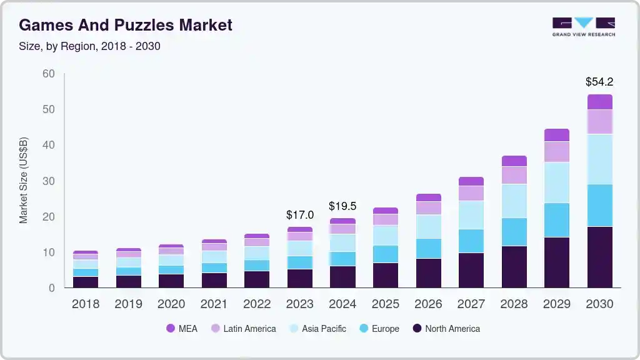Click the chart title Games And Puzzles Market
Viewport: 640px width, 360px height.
(x=126, y=25)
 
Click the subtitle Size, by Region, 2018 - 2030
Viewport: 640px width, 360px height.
(x=90, y=46)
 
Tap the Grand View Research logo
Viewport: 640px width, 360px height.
(x=583, y=26)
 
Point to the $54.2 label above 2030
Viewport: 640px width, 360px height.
(x=599, y=82)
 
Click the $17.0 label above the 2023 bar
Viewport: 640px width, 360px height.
(x=300, y=215)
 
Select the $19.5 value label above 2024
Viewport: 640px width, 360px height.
(x=342, y=206)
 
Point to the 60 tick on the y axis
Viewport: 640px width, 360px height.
(x=49, y=74)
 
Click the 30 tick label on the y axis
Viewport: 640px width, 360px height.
(x=49, y=181)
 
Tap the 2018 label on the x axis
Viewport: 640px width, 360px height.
(x=85, y=304)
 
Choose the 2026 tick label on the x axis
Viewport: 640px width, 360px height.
(x=428, y=304)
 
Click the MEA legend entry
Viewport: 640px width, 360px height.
(x=182, y=328)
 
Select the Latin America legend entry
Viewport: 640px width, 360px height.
(x=243, y=328)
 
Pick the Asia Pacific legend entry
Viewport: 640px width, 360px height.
(x=317, y=328)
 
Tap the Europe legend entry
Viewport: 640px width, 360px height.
(x=379, y=328)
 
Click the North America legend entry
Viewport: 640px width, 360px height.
(x=446, y=328)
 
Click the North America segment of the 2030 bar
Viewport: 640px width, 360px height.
(x=599, y=257)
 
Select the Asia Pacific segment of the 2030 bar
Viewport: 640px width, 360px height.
(x=599, y=159)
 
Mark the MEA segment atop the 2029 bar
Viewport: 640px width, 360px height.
(x=557, y=135)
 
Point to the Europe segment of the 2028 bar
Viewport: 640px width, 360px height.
(x=514, y=232)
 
